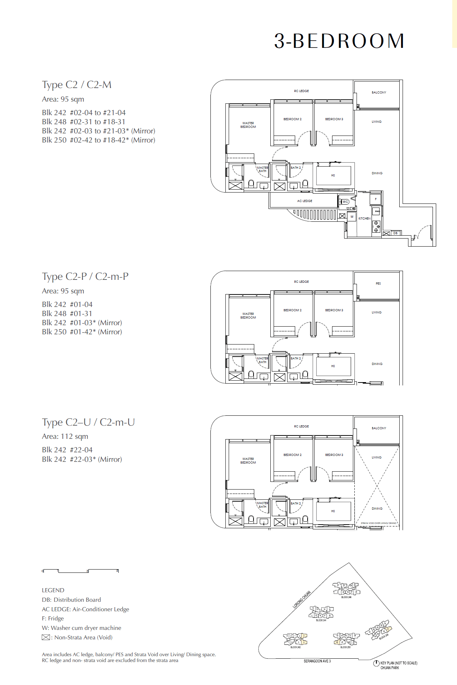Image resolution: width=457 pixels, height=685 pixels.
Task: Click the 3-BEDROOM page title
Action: (339, 41)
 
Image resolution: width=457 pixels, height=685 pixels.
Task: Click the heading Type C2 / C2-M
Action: (77, 85)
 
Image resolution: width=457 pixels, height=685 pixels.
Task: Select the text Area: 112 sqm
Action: (65, 436)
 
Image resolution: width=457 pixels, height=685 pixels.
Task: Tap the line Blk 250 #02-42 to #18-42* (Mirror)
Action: (98, 140)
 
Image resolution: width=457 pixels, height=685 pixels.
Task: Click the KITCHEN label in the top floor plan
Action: (364, 218)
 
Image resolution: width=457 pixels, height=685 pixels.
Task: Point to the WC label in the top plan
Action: (345, 202)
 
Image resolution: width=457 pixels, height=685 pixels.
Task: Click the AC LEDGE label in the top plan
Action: (304, 201)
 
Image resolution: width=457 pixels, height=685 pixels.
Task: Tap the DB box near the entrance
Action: (395, 233)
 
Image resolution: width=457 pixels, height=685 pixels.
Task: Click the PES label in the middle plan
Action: (378, 283)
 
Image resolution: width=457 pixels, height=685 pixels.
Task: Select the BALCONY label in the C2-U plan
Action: (379, 428)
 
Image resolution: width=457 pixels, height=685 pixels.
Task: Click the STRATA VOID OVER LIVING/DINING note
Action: (378, 523)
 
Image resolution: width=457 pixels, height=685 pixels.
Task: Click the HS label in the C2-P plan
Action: (333, 366)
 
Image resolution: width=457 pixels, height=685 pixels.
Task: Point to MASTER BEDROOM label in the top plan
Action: (248, 125)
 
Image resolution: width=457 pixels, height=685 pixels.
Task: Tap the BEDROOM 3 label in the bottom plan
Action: (334, 455)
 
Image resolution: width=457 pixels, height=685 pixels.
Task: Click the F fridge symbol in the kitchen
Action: (376, 199)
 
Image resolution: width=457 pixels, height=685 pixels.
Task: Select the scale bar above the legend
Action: (80, 571)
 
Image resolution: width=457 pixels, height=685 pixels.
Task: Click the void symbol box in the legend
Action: (46, 637)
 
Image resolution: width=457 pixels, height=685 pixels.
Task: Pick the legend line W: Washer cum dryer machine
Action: (81, 628)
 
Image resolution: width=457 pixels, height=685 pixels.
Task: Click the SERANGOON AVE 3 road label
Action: (317, 661)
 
